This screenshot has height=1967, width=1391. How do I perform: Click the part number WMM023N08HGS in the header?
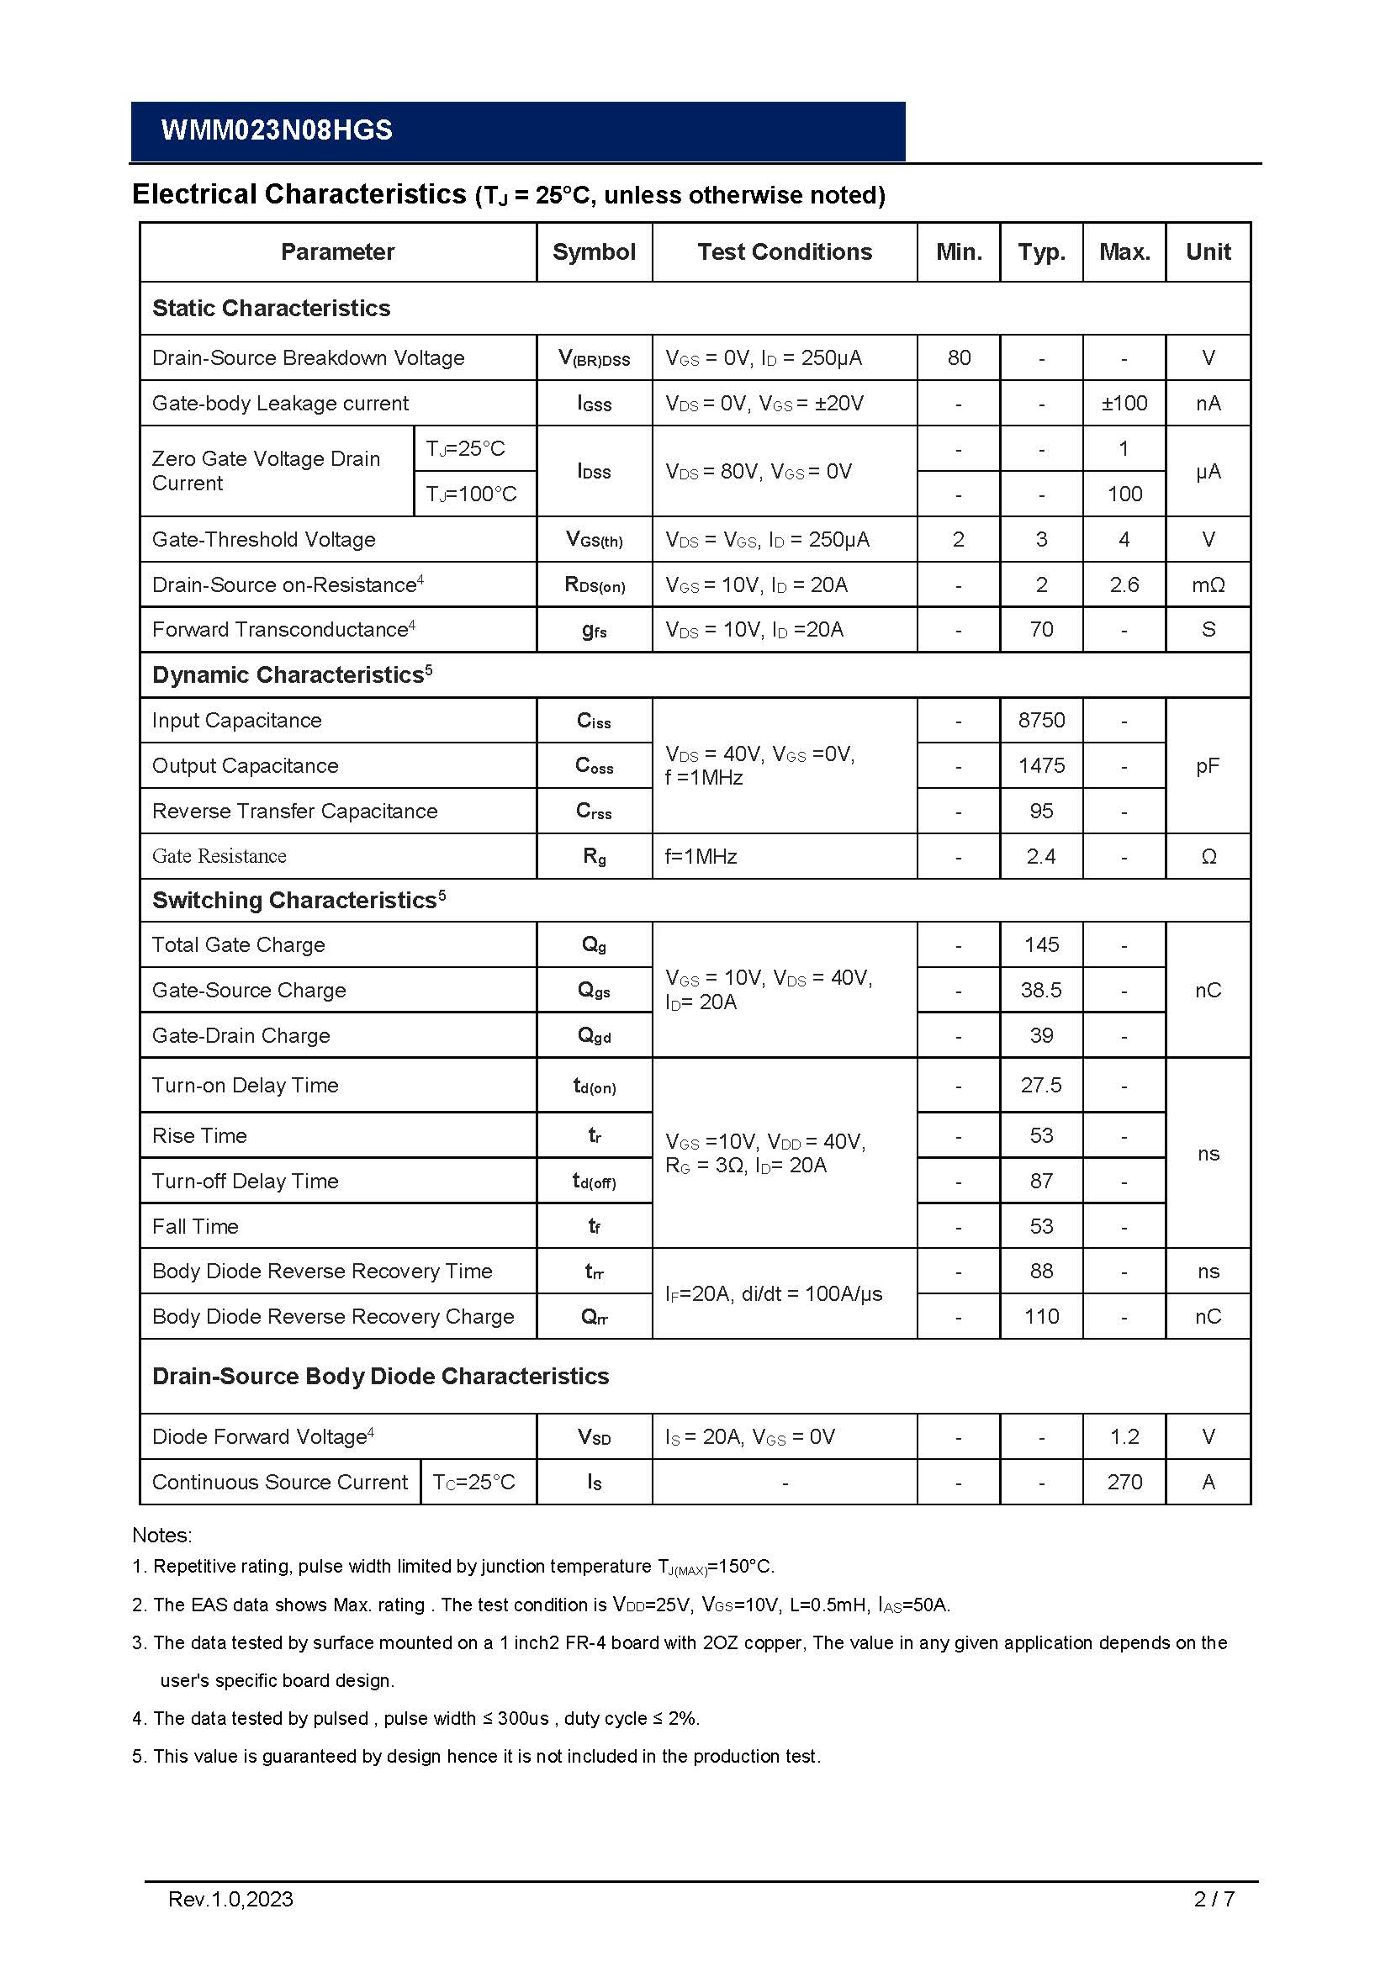pyautogui.click(x=277, y=130)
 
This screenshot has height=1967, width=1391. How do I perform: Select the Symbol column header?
pyautogui.click(x=594, y=252)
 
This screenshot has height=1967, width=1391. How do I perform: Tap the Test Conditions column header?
pyautogui.click(x=784, y=252)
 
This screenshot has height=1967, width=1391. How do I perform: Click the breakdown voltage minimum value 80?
pyautogui.click(x=959, y=357)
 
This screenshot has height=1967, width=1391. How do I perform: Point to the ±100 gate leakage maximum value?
pyautogui.click(x=1124, y=403)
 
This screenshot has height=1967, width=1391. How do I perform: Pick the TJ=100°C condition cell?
pyautogui.click(x=472, y=494)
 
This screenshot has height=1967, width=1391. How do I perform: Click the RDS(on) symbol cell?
pyautogui.click(x=595, y=585)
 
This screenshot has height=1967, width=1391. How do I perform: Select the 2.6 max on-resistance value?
pyautogui.click(x=1124, y=585)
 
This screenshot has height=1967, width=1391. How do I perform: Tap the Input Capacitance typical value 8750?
pyautogui.click(x=1041, y=721)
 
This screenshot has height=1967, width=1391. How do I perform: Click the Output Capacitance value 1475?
pyautogui.click(x=1041, y=766)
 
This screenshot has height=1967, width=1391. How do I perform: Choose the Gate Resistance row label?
pyautogui.click(x=219, y=856)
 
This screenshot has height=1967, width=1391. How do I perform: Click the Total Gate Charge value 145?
pyautogui.click(x=1041, y=945)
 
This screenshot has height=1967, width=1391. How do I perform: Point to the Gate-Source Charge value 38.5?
pyautogui.click(x=1041, y=991)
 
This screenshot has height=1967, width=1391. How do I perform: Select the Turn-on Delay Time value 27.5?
pyautogui.click(x=1041, y=1086)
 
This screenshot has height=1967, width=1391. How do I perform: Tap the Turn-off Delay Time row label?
pyautogui.click(x=245, y=1182)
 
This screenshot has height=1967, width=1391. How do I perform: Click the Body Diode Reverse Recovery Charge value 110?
pyautogui.click(x=1041, y=1317)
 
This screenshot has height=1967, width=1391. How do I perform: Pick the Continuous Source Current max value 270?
pyautogui.click(x=1124, y=1482)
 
